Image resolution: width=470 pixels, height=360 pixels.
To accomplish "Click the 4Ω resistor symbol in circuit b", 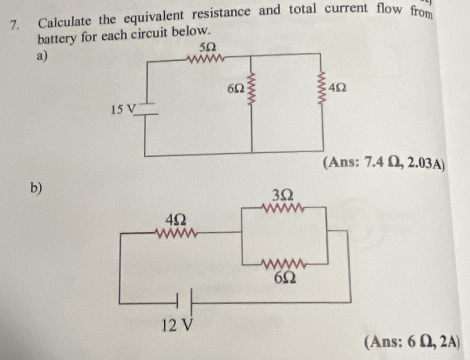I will pyautogui.click(x=177, y=232).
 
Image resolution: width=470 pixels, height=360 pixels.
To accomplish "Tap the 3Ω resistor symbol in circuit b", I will pyautogui.click(x=282, y=208).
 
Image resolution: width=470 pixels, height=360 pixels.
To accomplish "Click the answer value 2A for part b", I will pyautogui.click(x=447, y=342).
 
